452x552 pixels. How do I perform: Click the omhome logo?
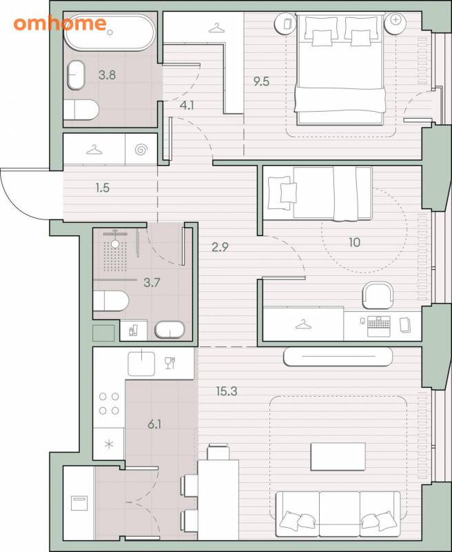click(x=60, y=23)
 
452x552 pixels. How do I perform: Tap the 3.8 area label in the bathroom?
click(x=107, y=75)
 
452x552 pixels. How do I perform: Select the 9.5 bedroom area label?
click(x=262, y=81)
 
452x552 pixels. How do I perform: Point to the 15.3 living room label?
click(x=227, y=391)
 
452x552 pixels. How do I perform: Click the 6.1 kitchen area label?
click(x=154, y=424)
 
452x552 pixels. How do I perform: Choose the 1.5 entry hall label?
click(x=102, y=188)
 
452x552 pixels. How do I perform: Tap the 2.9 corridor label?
click(x=220, y=247)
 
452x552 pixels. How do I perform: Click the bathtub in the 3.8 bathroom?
click(x=110, y=32)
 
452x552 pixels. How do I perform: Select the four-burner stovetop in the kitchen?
click(x=109, y=404)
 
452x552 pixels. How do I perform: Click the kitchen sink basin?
click(x=141, y=364)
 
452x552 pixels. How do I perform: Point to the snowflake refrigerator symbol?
click(x=109, y=444)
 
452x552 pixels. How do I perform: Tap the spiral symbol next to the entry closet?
click(x=141, y=150)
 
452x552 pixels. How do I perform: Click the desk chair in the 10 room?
click(x=378, y=295)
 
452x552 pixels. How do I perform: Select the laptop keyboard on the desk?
click(x=378, y=326)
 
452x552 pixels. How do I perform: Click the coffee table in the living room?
click(x=338, y=457)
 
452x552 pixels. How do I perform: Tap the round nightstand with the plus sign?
click(x=395, y=23)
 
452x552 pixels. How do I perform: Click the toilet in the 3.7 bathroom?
click(x=111, y=301)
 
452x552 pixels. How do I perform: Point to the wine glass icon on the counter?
click(x=170, y=363)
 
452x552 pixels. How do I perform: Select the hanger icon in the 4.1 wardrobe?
click(x=216, y=28)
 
